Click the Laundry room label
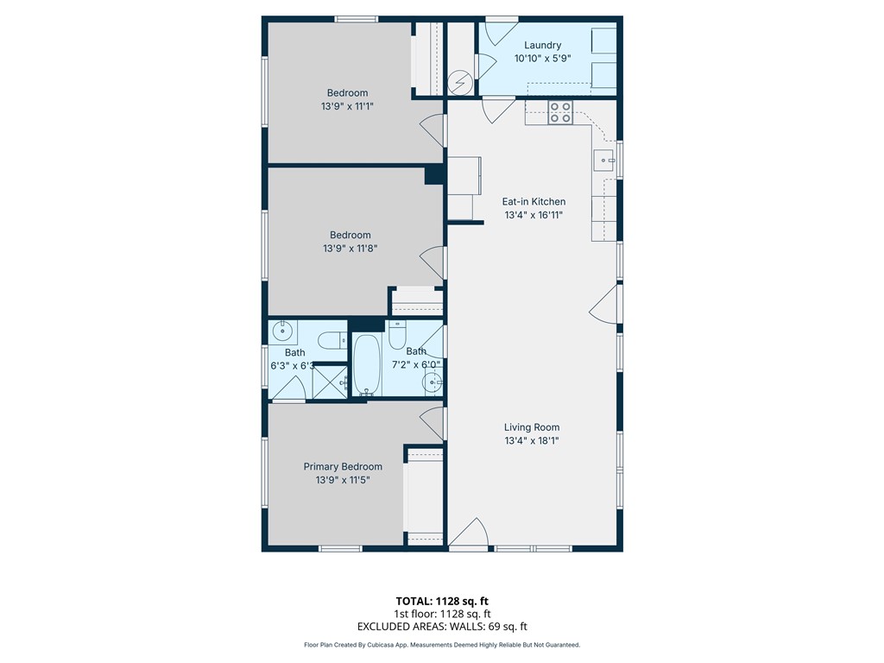pos(542,45)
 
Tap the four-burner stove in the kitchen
pos(560,112)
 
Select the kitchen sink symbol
pos(604,161)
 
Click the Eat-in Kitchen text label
pos(534,201)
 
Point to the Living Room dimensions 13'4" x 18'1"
pos(532,441)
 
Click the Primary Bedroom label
pos(343,466)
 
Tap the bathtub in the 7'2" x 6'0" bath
pos(367,365)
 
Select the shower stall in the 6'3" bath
pos(331,382)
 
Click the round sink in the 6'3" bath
pos(282,331)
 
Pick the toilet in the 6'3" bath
pos(332,340)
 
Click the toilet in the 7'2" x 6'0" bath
pos(397,335)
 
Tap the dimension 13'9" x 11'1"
pos(347,106)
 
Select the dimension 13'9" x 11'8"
pos(350,248)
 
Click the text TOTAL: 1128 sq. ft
pos(442,601)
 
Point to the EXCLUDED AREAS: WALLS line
pos(442,627)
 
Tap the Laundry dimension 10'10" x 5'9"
pos(542,58)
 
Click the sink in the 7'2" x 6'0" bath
pos(433,382)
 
